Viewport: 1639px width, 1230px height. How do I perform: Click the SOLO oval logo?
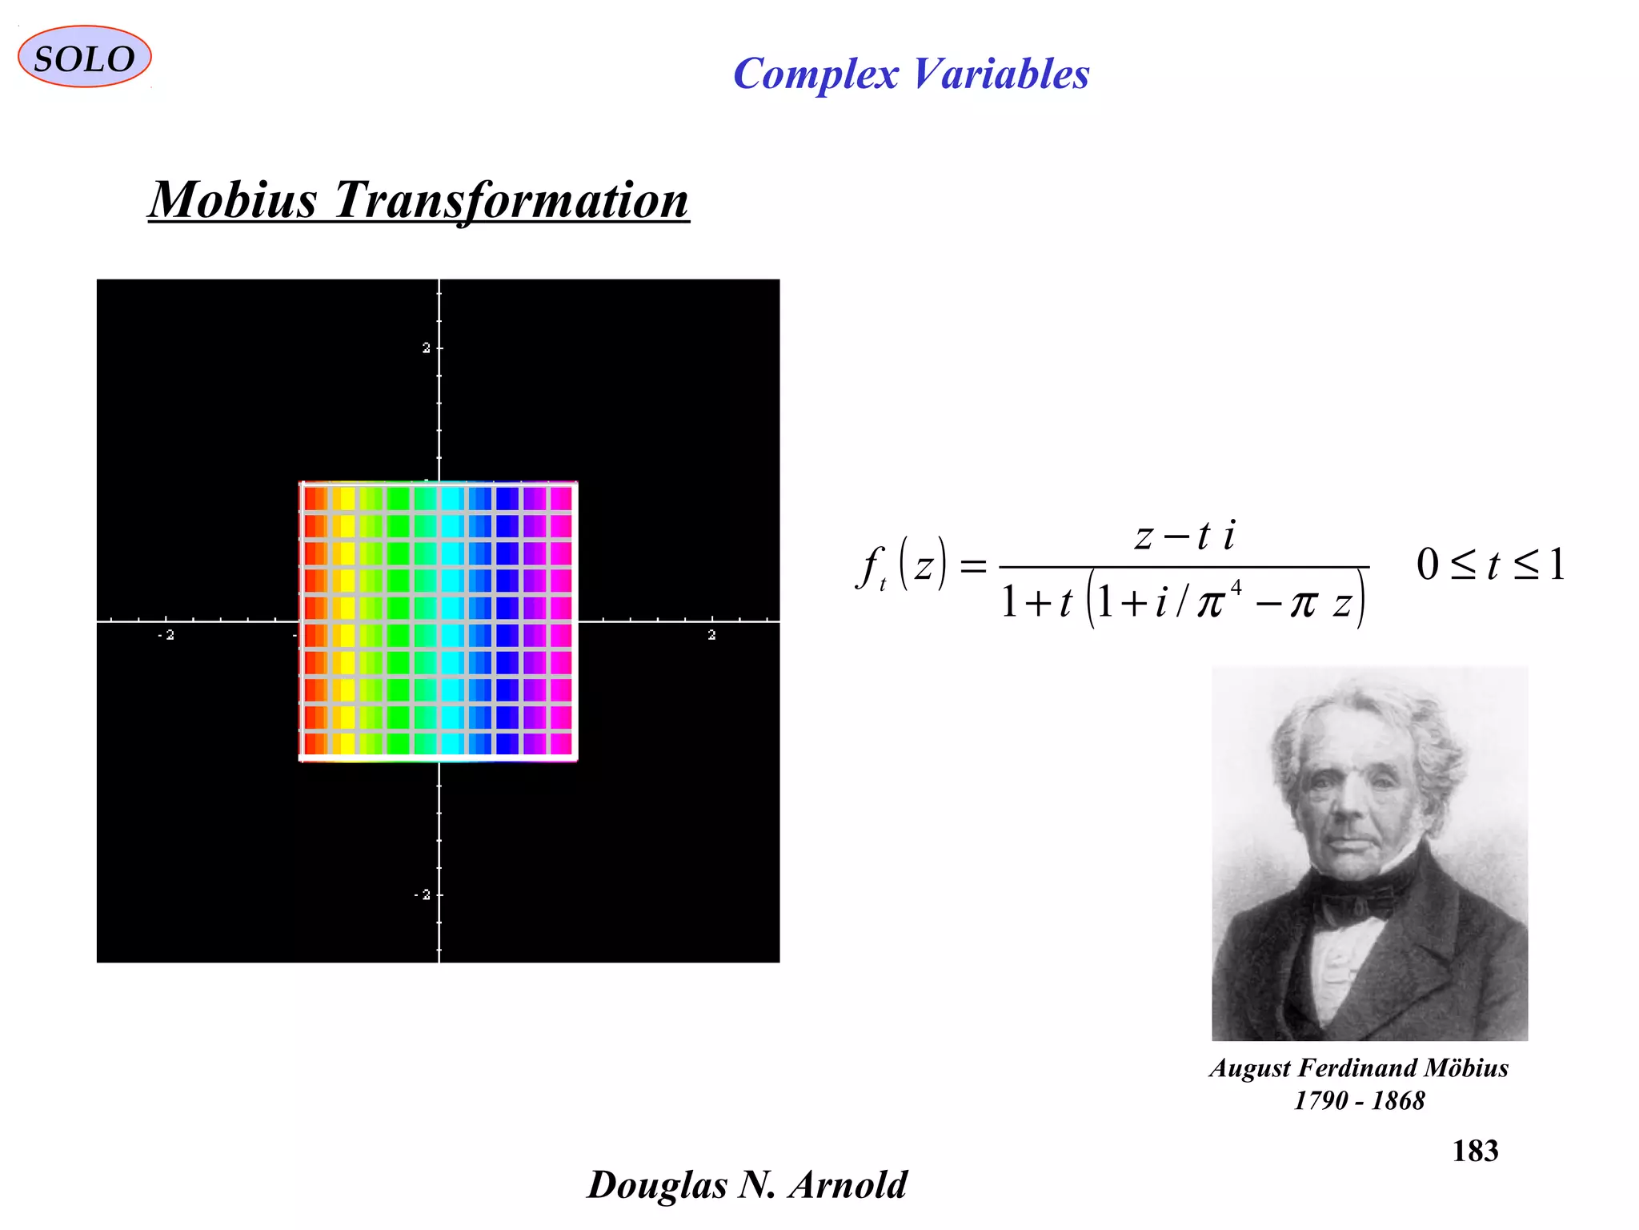coord(84,57)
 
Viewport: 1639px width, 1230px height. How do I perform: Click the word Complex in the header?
coord(815,74)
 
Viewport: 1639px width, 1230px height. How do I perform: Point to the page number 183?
coord(1475,1151)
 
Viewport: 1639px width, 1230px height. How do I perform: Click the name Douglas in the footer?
coord(657,1184)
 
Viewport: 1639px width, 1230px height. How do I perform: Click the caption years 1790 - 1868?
coord(1359,1100)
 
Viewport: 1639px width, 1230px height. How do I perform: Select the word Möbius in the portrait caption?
coord(1467,1067)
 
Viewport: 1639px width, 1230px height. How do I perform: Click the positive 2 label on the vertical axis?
coord(427,348)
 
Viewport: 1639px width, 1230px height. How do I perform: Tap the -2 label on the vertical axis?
coord(423,894)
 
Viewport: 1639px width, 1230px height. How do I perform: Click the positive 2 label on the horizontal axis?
coord(711,635)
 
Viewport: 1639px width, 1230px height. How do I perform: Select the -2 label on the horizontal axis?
coord(166,635)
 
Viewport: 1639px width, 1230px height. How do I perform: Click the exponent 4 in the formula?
coord(1236,589)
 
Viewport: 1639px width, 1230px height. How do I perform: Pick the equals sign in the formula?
coord(972,567)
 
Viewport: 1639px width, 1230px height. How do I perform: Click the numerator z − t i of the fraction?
coord(1184,535)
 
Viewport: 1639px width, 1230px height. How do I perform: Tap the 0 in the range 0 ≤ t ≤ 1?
coord(1428,565)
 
